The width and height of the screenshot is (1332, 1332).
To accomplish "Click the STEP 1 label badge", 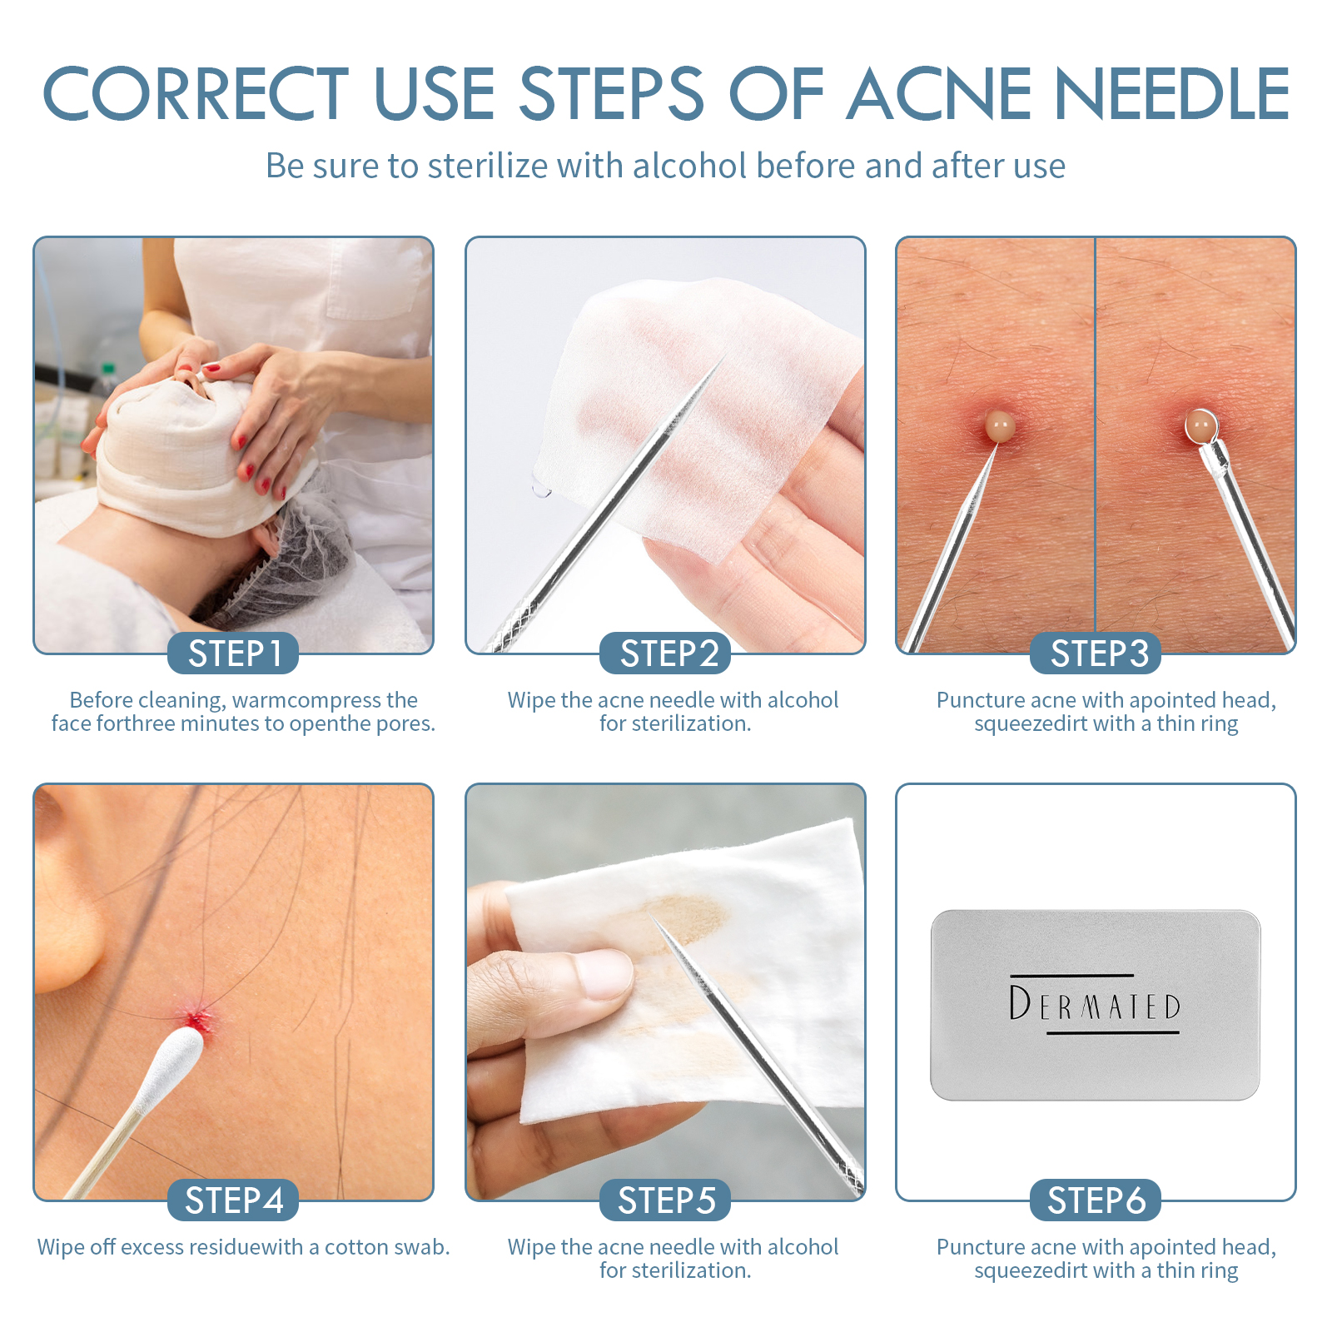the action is click(233, 654).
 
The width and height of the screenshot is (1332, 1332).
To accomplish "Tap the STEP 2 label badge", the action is click(665, 654).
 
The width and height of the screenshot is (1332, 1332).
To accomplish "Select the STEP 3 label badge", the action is click(1096, 654).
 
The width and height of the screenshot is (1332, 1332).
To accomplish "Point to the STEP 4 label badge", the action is click(233, 1200).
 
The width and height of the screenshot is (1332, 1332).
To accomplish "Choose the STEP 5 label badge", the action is click(665, 1200).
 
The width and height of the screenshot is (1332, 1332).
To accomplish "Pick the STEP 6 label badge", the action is click(1096, 1200).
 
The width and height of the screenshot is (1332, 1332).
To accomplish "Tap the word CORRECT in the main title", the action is click(195, 93).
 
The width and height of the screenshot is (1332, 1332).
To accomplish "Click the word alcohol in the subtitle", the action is click(690, 166).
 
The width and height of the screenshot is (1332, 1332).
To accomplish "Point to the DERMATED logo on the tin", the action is click(1094, 1004).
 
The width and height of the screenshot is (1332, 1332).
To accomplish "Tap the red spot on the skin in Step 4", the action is click(197, 1017).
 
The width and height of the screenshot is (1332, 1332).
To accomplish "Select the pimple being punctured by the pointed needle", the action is click(999, 426).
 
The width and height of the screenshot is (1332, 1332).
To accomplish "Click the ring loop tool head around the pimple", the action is click(1201, 426).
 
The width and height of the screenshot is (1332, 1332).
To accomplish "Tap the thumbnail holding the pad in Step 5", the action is click(604, 974).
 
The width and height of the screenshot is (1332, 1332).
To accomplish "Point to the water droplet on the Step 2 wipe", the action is click(541, 490).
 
